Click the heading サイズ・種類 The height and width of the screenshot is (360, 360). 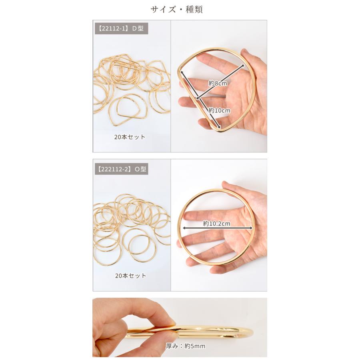(177, 10)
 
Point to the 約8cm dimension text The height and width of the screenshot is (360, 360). (218, 83)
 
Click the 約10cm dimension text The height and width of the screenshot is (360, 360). (219, 110)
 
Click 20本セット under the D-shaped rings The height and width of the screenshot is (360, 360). (130, 137)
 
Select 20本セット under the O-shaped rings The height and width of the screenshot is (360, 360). (130, 276)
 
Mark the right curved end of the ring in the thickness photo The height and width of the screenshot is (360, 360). (250, 332)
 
